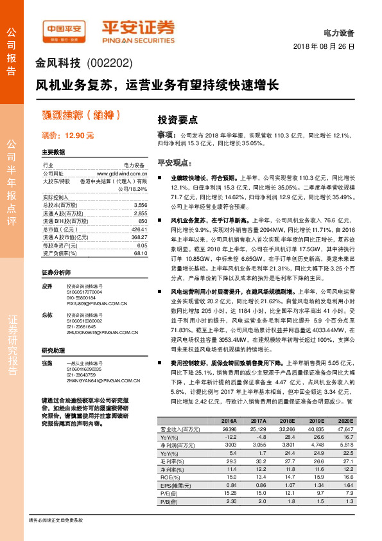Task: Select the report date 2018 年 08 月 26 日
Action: [x=324, y=47]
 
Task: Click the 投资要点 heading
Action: [x=178, y=120]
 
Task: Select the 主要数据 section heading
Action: [x=53, y=153]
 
